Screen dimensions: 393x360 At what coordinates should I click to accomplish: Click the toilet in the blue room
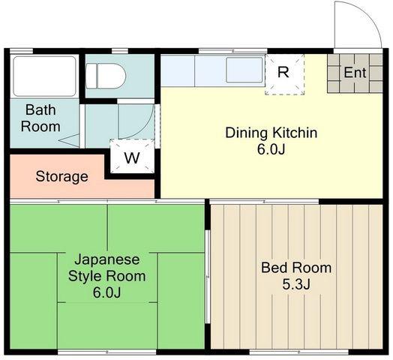pos(105,76)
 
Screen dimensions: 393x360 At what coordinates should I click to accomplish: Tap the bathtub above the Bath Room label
pos(44,76)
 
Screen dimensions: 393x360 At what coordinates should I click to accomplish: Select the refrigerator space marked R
pos(284,74)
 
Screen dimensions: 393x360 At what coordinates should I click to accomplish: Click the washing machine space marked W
pos(132,156)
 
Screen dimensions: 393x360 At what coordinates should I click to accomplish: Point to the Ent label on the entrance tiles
pos(355,73)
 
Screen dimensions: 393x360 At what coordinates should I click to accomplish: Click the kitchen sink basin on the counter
pos(244,70)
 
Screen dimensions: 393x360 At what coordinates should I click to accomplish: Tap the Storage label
pos(61,177)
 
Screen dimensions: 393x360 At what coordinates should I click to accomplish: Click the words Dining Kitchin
pos(271,133)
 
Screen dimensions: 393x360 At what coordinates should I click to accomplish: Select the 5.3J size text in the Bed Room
pos(296,284)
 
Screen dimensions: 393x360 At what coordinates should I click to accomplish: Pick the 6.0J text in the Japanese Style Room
pos(107,292)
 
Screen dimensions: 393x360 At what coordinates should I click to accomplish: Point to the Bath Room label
pos(40,118)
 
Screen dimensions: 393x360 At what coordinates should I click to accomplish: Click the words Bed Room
pos(296,268)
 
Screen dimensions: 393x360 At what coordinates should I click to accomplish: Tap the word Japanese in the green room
pos(107,259)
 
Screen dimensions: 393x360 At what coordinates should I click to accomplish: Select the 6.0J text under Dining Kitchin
pos(271,149)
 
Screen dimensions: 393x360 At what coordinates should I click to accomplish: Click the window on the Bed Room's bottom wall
pos(298,352)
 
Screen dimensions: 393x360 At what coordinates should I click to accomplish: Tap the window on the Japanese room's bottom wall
pos(107,352)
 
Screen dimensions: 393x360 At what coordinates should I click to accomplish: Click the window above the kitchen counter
pos(233,51)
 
